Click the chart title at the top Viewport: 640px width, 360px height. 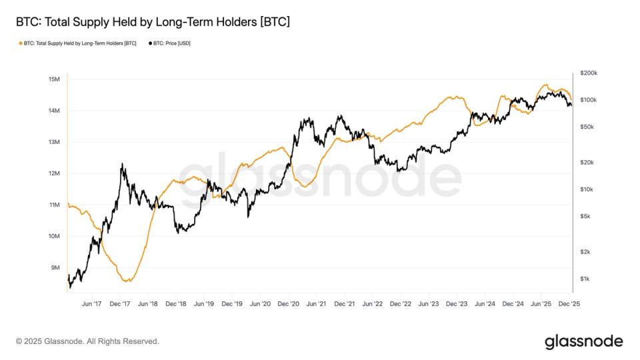point(153,23)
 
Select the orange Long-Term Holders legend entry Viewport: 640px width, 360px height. point(79,43)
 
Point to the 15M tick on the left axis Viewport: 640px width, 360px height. point(55,79)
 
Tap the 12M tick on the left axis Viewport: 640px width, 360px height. point(55,173)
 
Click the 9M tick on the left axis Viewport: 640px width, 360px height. point(56,267)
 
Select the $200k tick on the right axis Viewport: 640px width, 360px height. point(589,73)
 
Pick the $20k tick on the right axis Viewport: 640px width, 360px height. point(587,163)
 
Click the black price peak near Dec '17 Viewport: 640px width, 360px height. point(122,163)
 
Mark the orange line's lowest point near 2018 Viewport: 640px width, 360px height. point(127,281)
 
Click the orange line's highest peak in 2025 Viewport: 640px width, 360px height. point(545,85)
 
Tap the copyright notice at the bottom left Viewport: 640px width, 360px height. point(87,341)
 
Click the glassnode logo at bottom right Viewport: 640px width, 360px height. point(583,341)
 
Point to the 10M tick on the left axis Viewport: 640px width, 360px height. point(55,236)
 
